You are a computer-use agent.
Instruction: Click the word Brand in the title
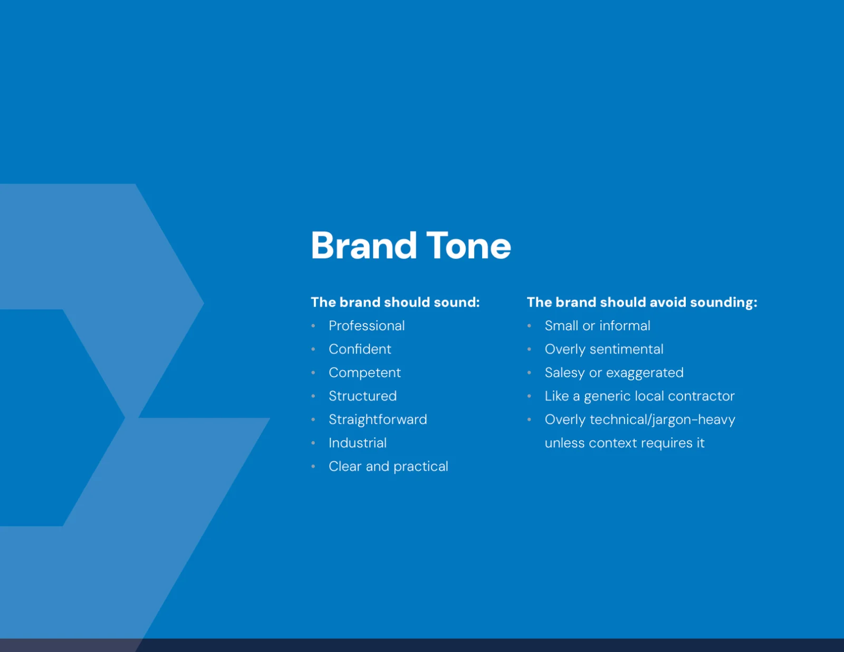point(363,245)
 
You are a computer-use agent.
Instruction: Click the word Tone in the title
point(468,245)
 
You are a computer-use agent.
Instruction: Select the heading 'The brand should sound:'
point(396,302)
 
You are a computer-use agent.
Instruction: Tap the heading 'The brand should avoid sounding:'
point(642,302)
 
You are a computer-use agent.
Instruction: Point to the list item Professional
point(367,326)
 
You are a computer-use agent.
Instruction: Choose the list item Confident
point(360,349)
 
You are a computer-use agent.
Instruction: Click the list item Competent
point(365,373)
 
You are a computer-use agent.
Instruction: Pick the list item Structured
point(363,396)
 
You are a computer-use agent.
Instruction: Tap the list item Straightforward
point(378,419)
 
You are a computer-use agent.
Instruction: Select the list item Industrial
point(358,443)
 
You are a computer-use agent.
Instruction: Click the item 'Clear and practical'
point(388,466)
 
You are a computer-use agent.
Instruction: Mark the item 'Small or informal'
point(597,326)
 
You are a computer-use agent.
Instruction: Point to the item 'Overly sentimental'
point(604,349)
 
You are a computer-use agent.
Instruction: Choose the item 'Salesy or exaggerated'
point(614,373)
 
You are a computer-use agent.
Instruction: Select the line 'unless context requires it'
point(625,443)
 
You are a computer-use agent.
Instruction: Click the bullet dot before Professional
point(313,326)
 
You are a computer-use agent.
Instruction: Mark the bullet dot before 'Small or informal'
point(530,326)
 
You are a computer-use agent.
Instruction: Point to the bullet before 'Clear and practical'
point(313,466)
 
